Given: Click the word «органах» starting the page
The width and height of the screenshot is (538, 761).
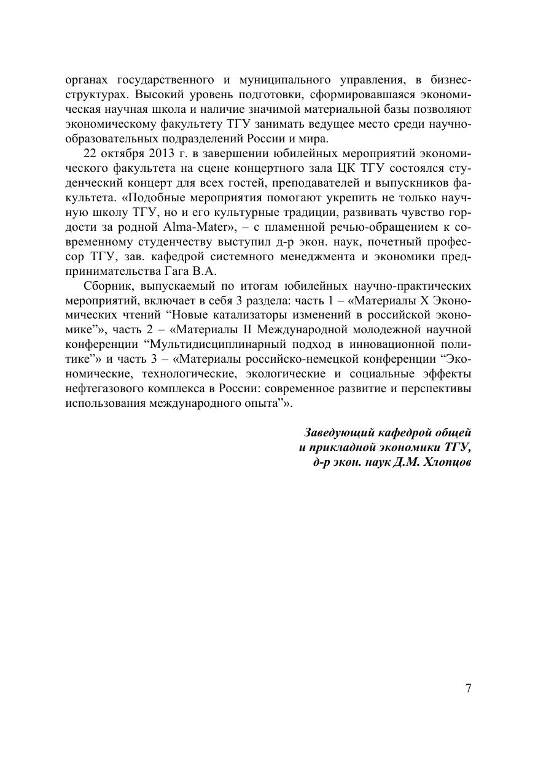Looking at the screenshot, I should coord(87,80).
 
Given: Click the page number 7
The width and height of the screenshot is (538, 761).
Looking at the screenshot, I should coord(468,688).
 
